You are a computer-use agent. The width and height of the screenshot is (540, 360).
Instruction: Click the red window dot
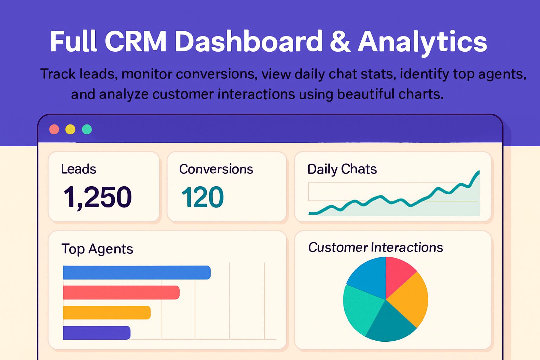point(54,129)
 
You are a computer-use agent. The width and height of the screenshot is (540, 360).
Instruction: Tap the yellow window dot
point(70,129)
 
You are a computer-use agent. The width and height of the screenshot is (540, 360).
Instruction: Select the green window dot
point(87,129)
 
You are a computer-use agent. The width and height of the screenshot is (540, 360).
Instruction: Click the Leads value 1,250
point(97,197)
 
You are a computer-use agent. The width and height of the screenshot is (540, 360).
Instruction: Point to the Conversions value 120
point(202,197)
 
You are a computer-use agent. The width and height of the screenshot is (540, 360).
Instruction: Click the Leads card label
point(78,169)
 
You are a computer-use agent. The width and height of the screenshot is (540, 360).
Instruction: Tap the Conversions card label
point(216,169)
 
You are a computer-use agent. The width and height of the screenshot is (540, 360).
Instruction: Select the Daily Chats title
point(342,169)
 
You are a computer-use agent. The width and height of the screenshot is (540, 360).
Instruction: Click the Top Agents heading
point(97,249)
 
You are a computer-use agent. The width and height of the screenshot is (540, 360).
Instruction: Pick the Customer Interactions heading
point(375,247)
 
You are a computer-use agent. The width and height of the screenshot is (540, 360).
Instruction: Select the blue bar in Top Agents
point(136,272)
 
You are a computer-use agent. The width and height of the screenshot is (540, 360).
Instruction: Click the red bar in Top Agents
point(121,292)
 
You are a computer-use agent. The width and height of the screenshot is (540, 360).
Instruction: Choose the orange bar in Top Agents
point(107,313)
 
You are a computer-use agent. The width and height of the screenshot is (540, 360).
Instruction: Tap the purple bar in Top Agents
point(96,333)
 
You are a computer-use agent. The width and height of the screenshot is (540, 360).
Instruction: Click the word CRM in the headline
point(135,41)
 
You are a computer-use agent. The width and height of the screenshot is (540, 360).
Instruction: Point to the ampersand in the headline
point(340,41)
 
